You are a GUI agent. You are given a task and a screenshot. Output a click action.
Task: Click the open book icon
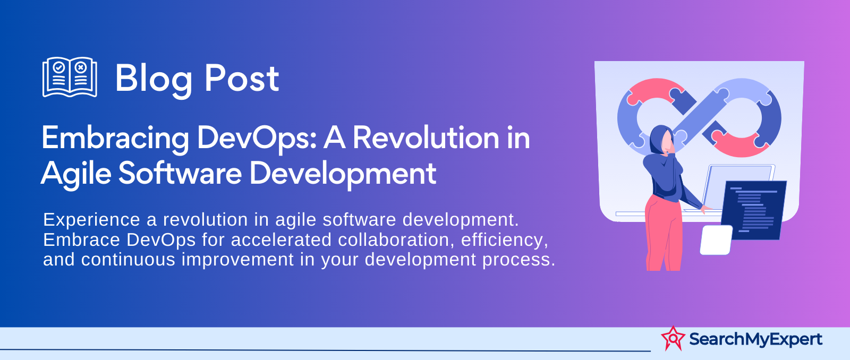(70, 77)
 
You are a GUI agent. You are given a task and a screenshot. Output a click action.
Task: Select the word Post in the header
(242, 79)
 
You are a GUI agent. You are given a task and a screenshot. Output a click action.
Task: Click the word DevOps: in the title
(257, 139)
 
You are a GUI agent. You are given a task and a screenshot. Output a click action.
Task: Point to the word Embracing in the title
(115, 139)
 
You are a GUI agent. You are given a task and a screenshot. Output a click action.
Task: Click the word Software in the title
(180, 173)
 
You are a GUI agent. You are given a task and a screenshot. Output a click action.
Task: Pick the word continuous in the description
(128, 260)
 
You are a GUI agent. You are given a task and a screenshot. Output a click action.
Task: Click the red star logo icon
(673, 338)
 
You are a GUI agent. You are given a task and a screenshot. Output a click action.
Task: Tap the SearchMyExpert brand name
(755, 339)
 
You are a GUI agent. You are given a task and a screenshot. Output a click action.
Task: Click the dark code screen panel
(753, 210)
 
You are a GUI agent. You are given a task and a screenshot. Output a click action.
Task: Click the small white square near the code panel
(716, 240)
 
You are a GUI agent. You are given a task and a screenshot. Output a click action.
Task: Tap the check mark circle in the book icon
(58, 67)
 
